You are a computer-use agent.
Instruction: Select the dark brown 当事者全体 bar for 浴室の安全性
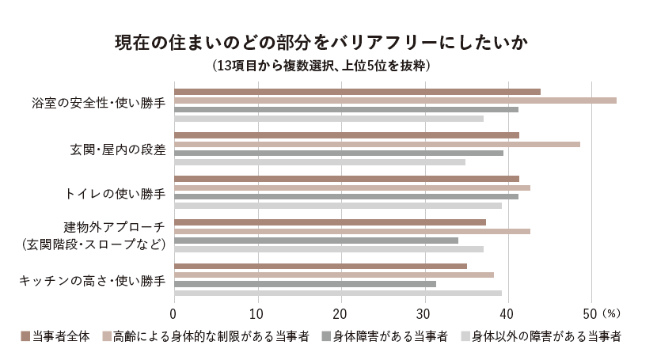pos(357,92)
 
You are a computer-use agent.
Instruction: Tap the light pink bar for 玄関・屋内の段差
pos(377,144)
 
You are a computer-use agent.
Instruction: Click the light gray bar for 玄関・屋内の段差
pos(319,162)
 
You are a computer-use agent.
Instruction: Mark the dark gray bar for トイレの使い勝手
pos(346,196)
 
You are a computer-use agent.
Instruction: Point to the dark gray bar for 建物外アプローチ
pos(316,240)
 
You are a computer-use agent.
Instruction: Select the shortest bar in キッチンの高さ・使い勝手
pos(305,283)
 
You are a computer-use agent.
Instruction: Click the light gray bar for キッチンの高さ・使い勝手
pos(337,293)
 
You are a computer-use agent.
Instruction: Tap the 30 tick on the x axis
pos(425,311)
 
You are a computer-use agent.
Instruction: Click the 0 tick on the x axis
pos(174,311)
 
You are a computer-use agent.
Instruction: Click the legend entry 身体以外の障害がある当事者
pos(546,336)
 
